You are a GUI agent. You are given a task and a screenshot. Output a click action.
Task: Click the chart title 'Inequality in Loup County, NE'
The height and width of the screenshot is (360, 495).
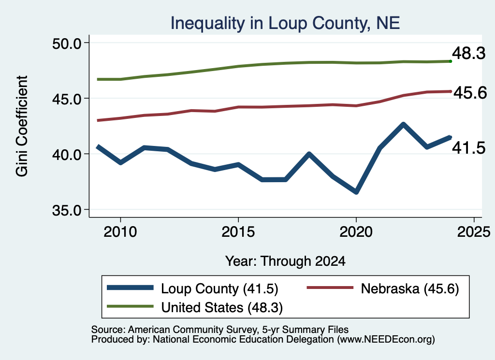point(285,23)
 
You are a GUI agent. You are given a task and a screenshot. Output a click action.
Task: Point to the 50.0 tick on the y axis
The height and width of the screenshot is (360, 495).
point(67,43)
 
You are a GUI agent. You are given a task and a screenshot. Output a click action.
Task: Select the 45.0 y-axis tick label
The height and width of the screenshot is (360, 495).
point(67,99)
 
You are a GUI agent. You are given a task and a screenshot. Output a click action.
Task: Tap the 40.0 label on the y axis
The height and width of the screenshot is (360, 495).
point(67,155)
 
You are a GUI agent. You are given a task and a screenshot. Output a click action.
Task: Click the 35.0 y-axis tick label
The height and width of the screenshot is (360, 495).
point(67,210)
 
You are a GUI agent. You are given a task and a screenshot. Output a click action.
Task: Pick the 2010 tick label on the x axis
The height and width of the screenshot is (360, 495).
point(120,232)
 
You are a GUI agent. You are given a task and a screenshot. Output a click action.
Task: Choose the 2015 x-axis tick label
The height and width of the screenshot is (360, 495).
point(238,232)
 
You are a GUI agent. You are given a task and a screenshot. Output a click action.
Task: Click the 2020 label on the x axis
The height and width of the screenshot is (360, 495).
point(356,232)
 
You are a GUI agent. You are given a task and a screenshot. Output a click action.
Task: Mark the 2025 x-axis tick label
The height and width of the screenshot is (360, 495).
point(474,232)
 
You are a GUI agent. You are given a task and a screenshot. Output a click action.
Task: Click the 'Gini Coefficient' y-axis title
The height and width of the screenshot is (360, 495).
point(22,126)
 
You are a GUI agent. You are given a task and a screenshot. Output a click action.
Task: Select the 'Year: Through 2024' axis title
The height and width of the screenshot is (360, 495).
point(285,261)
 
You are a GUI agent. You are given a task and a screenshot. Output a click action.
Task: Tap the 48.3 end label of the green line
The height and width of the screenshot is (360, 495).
point(469,53)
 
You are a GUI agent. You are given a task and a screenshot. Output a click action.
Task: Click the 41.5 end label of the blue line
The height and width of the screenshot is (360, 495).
point(469,148)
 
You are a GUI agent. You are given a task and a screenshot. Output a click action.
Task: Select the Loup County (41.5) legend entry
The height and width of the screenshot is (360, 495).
point(192,288)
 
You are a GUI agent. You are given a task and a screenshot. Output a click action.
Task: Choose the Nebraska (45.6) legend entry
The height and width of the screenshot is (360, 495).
point(383,288)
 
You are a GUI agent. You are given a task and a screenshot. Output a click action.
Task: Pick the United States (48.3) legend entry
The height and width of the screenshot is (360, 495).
point(195,307)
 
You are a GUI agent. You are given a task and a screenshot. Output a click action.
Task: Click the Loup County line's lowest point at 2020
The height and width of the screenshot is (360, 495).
point(356,192)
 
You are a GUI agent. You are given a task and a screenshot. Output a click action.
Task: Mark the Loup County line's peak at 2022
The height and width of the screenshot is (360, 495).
point(403,124)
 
